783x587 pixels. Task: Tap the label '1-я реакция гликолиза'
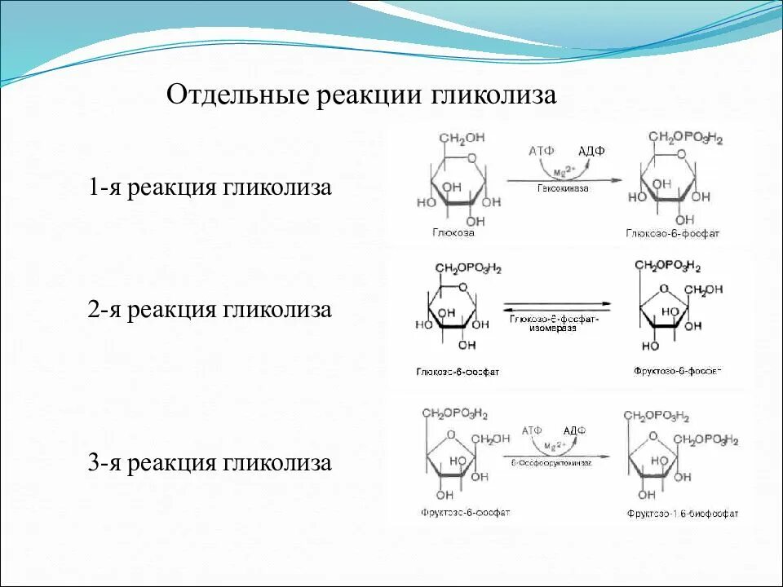(x=210, y=188)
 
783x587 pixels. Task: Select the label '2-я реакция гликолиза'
(x=210, y=310)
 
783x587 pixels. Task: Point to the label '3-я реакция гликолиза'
(x=210, y=464)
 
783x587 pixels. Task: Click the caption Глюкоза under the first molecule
(x=453, y=232)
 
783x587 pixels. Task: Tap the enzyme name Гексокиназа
(x=563, y=188)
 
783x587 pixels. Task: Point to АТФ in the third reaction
(x=532, y=430)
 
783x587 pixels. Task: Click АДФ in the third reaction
(x=574, y=430)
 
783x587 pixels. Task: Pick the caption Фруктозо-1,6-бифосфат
(x=683, y=514)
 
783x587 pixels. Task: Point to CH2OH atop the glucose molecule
(x=462, y=138)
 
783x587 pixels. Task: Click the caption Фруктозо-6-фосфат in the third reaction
(x=466, y=513)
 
